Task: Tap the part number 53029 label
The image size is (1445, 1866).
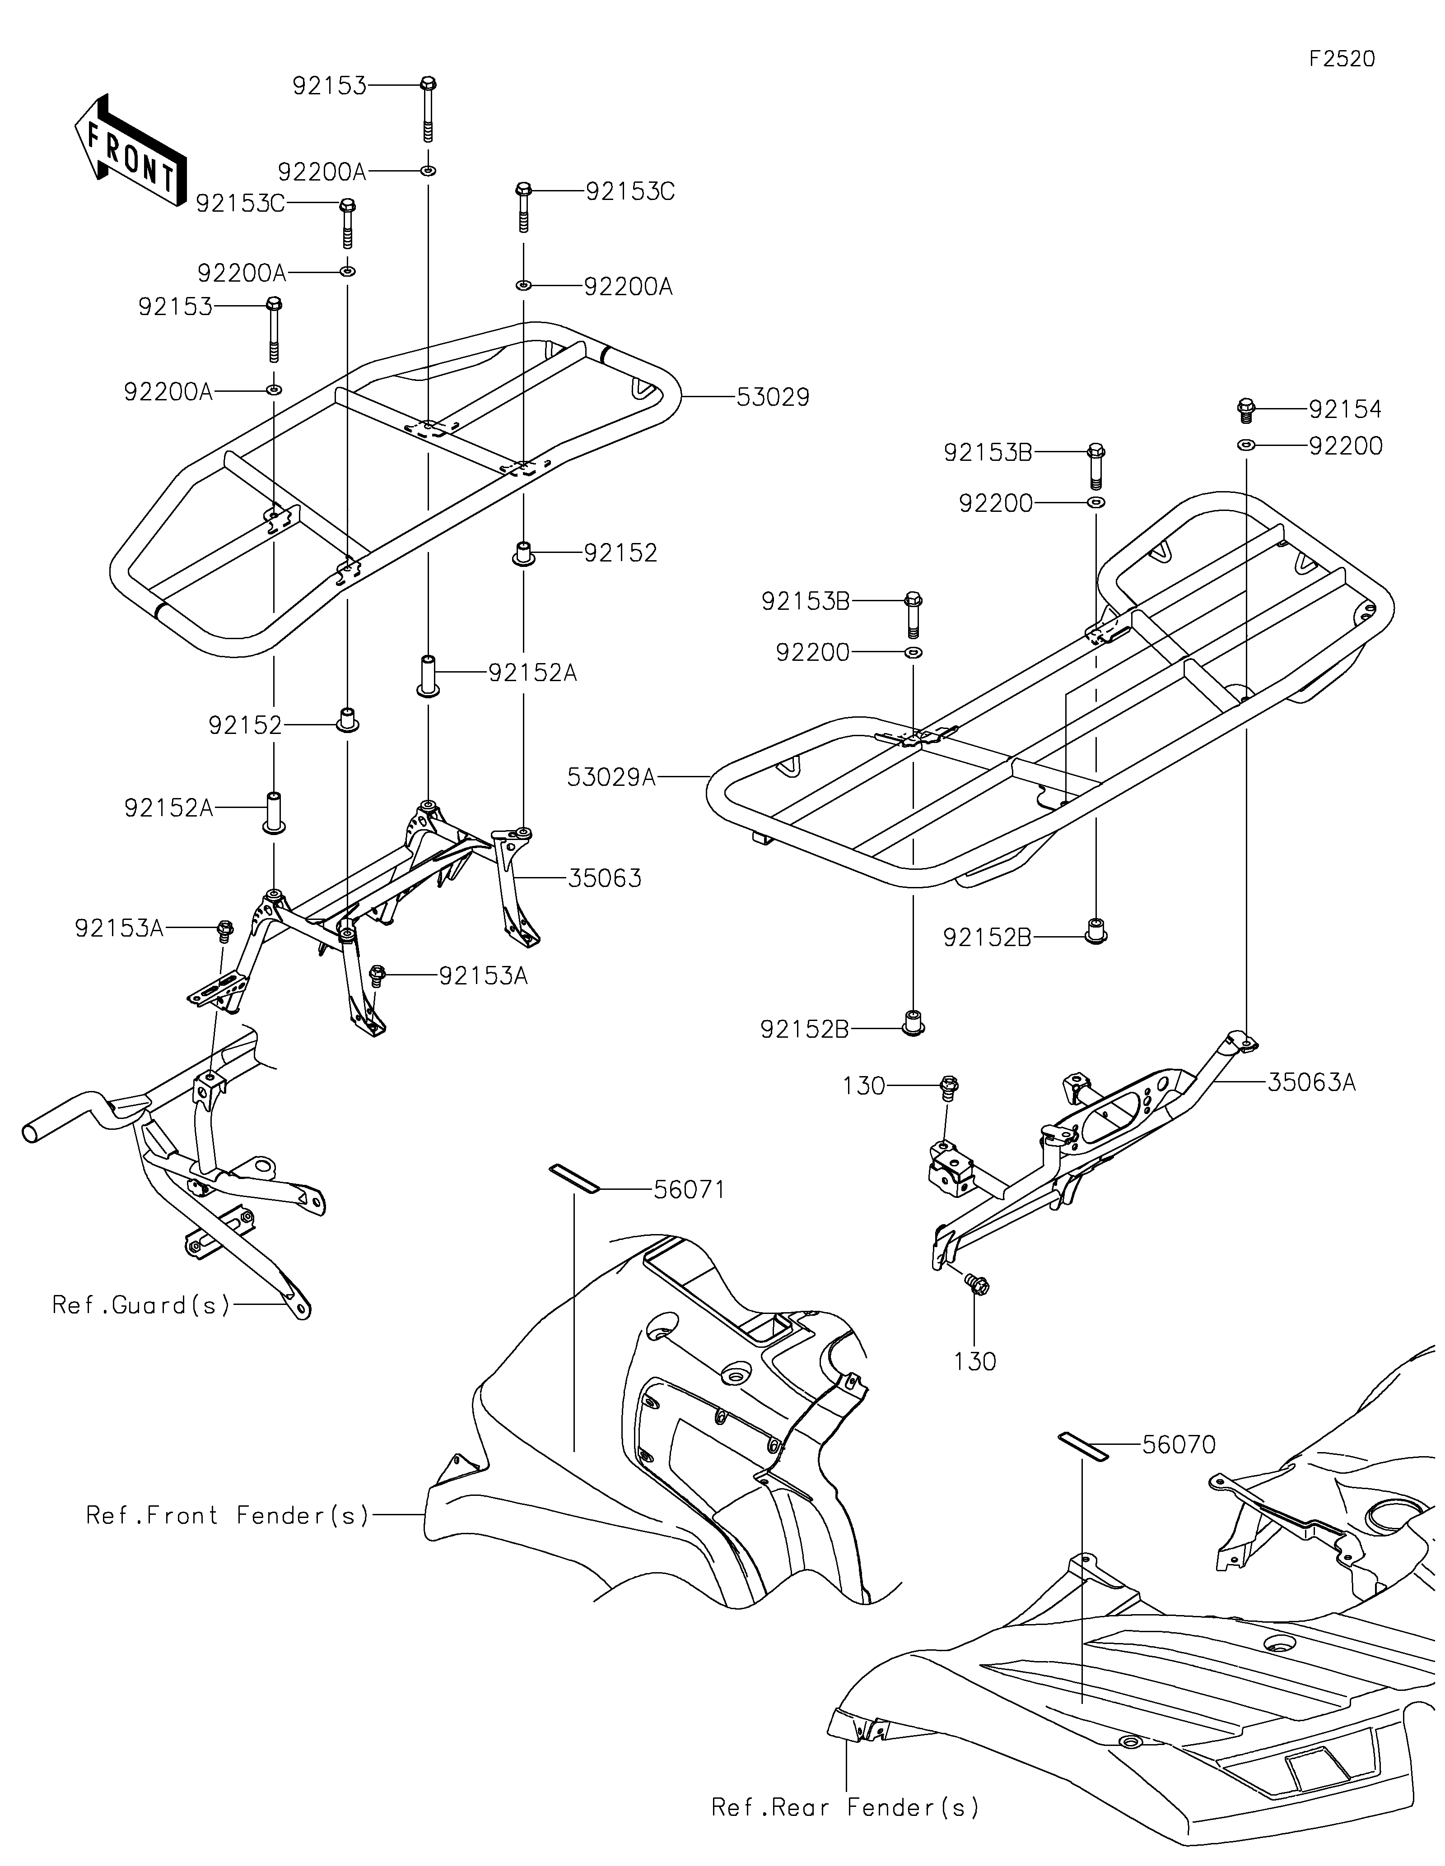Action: (773, 397)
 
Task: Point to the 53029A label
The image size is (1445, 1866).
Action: (611, 777)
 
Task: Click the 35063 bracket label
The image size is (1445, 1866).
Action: (604, 878)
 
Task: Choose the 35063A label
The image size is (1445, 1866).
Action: (1312, 1082)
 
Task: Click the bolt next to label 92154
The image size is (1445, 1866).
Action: (1246, 410)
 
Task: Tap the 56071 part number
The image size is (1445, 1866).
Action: (689, 1189)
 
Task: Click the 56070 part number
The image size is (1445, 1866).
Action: (1179, 1445)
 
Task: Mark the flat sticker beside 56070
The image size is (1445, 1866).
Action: (1083, 1446)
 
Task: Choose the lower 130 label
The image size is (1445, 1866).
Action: (975, 1361)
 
